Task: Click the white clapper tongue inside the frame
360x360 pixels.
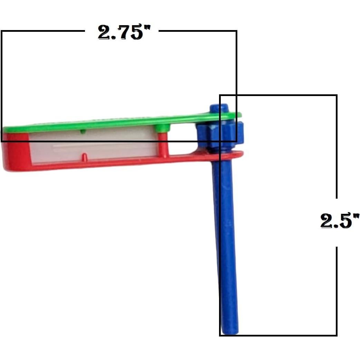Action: (x=93, y=145)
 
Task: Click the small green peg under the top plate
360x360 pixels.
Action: (x=82, y=132)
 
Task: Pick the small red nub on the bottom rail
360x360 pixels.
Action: (x=84, y=157)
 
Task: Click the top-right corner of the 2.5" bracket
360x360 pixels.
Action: (x=337, y=95)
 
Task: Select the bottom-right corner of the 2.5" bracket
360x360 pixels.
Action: (x=337, y=335)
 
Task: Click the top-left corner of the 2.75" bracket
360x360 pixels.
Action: (x=2, y=31)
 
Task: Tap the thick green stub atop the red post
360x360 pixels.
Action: (x=162, y=128)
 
